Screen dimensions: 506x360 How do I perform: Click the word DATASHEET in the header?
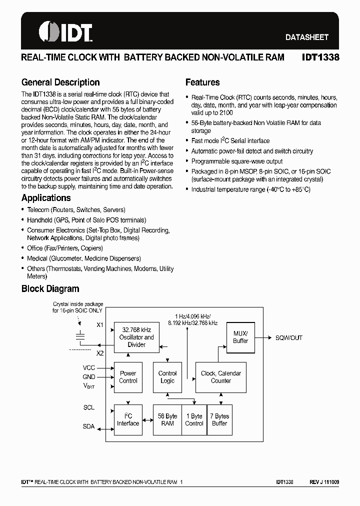tap(307, 37)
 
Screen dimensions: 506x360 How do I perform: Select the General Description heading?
tap(60, 82)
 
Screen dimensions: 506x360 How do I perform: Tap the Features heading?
tap(202, 82)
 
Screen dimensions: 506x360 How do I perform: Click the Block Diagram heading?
tap(50, 288)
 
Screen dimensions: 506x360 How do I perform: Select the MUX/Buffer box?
tap(240, 337)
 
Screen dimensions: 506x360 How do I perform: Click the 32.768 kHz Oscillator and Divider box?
tap(136, 337)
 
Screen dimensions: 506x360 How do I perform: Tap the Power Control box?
tap(128, 377)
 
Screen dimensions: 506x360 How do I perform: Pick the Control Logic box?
tap(167, 377)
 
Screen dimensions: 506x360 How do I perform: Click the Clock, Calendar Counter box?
tap(220, 377)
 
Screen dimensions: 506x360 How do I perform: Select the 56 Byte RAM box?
tap(167, 419)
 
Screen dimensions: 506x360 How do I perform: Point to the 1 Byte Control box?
tap(194, 419)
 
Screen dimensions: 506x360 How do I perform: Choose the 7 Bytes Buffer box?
tap(219, 419)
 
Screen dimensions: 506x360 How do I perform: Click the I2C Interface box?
tap(128, 419)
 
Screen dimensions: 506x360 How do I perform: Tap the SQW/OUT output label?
tap(289, 338)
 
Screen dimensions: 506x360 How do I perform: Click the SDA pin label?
tap(88, 426)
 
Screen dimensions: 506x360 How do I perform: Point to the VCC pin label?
tap(88, 368)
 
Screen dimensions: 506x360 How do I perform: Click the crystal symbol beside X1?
tap(79, 336)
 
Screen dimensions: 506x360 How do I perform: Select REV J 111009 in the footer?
tap(324, 482)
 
